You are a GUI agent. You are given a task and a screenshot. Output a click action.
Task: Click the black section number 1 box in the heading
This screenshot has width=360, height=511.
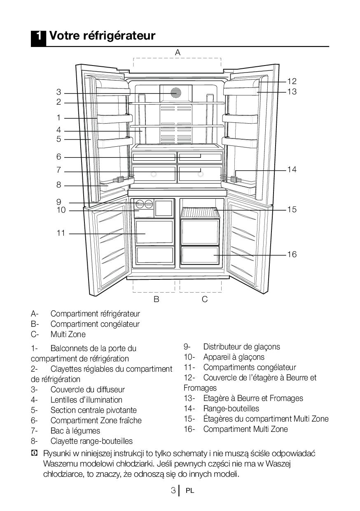pyautogui.click(x=38, y=36)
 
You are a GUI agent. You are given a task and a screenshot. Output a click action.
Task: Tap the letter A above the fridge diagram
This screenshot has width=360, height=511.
pyautogui.click(x=178, y=52)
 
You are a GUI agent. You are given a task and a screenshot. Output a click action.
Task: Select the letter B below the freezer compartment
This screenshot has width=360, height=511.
pyautogui.click(x=157, y=300)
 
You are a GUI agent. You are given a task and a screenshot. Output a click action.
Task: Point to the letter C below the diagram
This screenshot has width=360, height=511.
pyautogui.click(x=205, y=300)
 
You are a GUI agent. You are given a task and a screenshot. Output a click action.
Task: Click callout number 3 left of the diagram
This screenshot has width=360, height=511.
pyautogui.click(x=58, y=92)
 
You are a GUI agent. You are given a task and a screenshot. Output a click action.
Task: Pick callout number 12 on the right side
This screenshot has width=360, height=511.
pyautogui.click(x=292, y=82)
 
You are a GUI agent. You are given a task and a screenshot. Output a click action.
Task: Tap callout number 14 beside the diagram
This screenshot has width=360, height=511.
pyautogui.click(x=292, y=169)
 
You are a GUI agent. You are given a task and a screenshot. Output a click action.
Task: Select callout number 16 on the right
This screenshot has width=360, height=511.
pyautogui.click(x=292, y=254)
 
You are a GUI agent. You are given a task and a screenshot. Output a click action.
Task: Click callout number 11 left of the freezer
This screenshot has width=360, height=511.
pyautogui.click(x=61, y=233)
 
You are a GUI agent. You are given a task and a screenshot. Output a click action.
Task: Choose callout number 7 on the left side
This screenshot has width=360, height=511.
pyautogui.click(x=58, y=170)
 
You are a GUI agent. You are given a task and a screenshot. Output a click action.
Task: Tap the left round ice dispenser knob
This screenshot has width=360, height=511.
pyautogui.click(x=140, y=203)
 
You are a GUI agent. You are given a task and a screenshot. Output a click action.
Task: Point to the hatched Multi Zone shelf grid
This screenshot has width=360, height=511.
pyautogui.click(x=199, y=213)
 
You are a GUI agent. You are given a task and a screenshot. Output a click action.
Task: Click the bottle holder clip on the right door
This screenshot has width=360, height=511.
pyautogui.click(x=235, y=179)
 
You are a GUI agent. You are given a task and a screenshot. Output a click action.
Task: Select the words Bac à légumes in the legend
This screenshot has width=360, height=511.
pyautogui.click(x=75, y=431)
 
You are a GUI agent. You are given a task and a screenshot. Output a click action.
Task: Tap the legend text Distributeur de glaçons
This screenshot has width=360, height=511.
pyautogui.click(x=241, y=347)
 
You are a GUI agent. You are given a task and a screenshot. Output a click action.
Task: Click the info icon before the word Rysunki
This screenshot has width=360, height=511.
pyautogui.click(x=34, y=453)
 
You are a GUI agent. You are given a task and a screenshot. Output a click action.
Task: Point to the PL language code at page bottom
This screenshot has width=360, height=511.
pyautogui.click(x=190, y=491)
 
